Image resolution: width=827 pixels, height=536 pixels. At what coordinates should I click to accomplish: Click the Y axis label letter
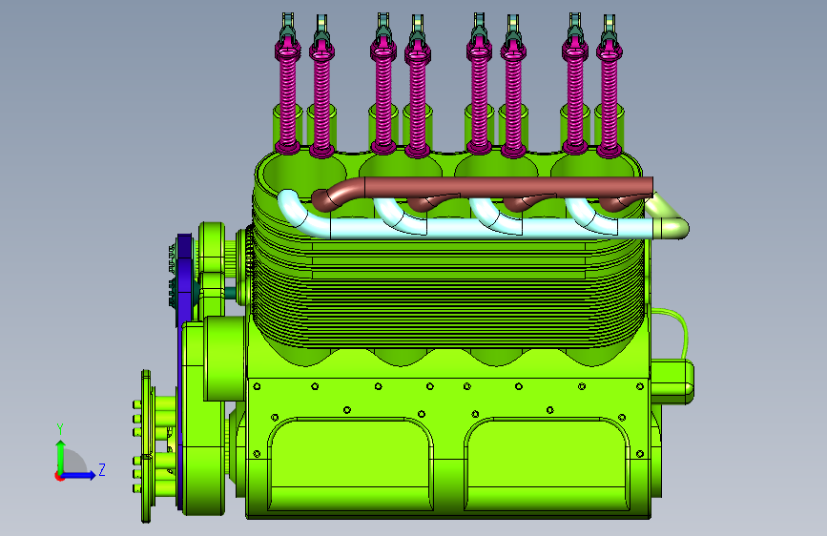(x=60, y=429)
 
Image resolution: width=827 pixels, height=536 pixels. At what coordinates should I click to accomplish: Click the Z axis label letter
(x=102, y=469)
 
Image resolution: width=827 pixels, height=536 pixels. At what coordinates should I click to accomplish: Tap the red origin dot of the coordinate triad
(x=59, y=476)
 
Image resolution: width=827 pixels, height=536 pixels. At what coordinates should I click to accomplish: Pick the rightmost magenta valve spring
(x=610, y=100)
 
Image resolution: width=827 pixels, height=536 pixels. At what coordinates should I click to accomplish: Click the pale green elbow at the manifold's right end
(x=669, y=222)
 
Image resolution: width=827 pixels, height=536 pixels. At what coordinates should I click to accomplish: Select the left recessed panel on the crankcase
(x=351, y=464)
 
